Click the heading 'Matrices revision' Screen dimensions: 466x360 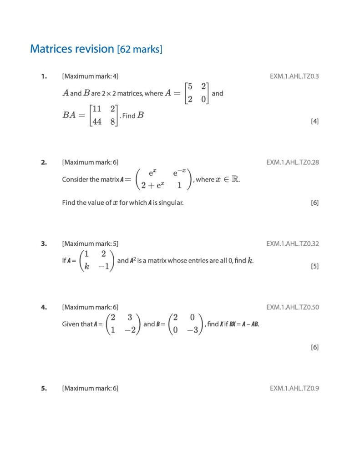(72, 49)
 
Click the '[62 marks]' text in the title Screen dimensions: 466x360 (139, 49)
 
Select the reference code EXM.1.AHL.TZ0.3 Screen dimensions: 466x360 (294, 76)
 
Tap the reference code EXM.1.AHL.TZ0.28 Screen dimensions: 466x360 (292, 162)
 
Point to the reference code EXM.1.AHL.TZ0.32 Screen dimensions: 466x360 (292, 243)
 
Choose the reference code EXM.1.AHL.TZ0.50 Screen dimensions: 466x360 (292, 307)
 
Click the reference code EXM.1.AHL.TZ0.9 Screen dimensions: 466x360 (294, 388)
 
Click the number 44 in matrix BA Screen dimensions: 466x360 (96, 122)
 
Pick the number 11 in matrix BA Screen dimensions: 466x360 (96, 109)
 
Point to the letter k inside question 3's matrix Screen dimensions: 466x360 (87, 267)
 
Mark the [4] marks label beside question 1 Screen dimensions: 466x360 (314, 121)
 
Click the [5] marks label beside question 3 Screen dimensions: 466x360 (314, 266)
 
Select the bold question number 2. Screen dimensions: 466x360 (44, 162)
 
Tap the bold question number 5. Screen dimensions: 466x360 (44, 388)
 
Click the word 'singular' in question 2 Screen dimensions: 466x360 (171, 203)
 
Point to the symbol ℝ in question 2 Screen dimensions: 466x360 (235, 179)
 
